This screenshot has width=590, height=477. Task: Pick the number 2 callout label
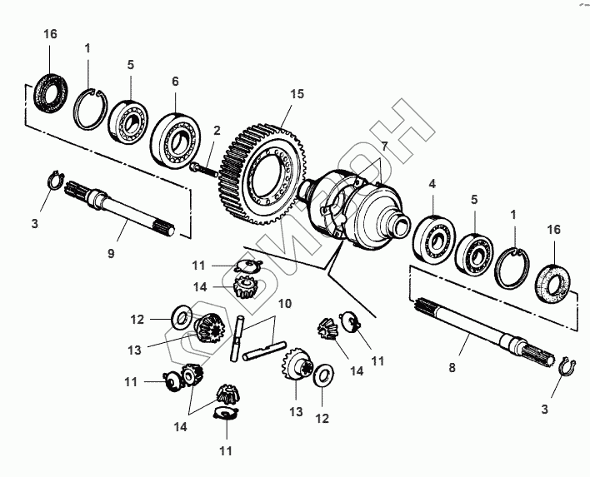tap(217, 130)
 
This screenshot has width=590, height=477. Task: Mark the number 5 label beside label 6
tap(131, 64)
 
